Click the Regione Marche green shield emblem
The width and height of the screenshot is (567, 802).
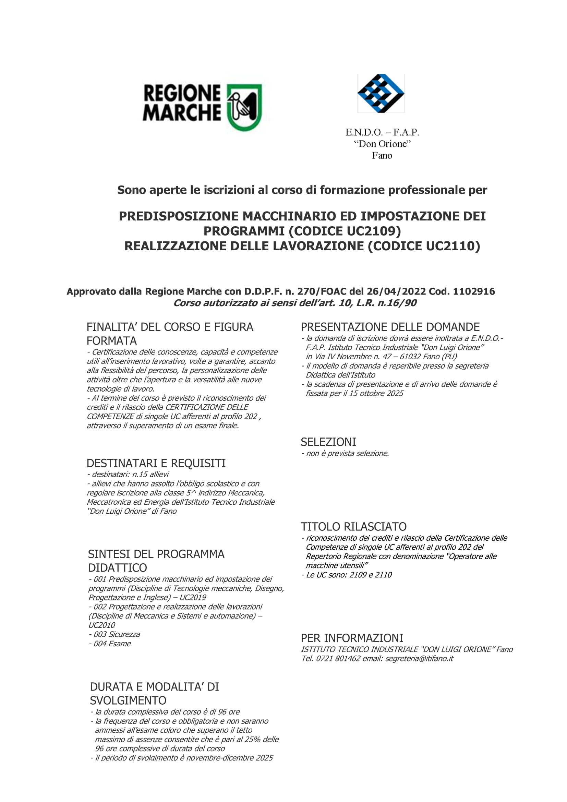(244, 107)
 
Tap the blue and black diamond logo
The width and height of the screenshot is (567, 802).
(381, 93)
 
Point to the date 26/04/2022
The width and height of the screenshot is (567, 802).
(396, 291)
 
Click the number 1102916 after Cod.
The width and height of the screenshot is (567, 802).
(474, 291)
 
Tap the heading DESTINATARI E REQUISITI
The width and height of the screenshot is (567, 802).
(156, 463)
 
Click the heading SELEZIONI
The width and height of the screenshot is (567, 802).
(328, 442)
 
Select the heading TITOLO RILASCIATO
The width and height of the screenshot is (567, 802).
(354, 526)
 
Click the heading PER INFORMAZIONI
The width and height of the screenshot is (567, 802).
(352, 638)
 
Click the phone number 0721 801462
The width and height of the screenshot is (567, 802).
(338, 658)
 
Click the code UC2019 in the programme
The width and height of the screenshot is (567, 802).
(193, 597)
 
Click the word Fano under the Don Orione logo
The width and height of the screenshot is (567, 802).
(382, 155)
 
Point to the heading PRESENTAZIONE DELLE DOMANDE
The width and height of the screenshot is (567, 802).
(390, 327)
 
